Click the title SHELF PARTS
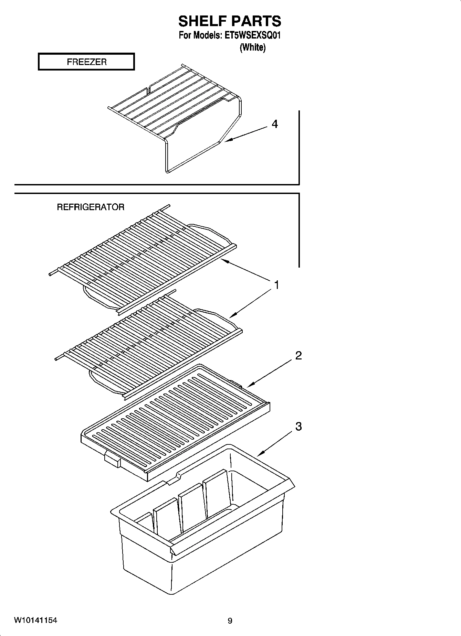(x=230, y=21)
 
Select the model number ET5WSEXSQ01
(x=252, y=35)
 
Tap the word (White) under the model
(x=252, y=47)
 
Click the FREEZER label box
(x=86, y=62)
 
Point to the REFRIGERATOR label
(x=91, y=207)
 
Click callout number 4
(x=275, y=124)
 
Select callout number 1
(x=276, y=285)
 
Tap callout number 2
(x=298, y=355)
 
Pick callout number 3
(x=298, y=427)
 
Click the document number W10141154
(x=35, y=621)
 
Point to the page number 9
(x=230, y=621)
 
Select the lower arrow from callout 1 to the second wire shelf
(x=251, y=303)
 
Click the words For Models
(x=199, y=35)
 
